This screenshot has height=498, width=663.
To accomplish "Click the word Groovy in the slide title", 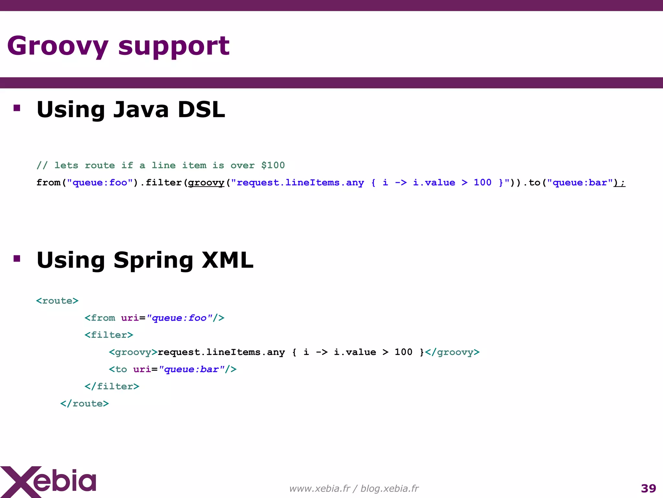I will tap(58, 46).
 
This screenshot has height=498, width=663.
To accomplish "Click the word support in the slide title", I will tap(174, 46).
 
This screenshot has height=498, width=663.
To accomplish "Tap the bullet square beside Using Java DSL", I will tap(17, 108).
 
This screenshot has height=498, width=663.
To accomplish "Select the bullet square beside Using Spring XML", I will tap(17, 258).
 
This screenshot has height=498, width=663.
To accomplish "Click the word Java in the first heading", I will tap(141, 110).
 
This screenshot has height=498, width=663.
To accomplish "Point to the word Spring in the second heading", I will tap(153, 260).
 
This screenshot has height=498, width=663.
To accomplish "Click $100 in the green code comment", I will tap(273, 165).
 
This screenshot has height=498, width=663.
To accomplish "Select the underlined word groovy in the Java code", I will tap(206, 183).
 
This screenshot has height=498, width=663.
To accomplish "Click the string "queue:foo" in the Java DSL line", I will tap(100, 183).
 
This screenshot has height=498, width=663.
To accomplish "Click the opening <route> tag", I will tap(57, 301).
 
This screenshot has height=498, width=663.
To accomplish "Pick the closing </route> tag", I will tap(84, 404).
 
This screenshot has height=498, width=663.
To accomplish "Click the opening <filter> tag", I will tap(109, 335).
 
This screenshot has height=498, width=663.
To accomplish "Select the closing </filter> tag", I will tap(112, 386).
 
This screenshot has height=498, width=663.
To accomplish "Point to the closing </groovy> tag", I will tap(452, 352).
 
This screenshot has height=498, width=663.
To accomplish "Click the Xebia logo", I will tap(49, 482).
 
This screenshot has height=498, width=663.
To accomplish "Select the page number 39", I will tap(648, 488).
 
